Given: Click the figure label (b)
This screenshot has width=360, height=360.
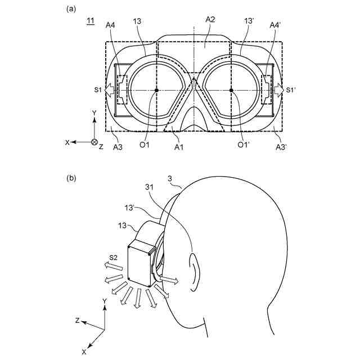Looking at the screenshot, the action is coord(71,178).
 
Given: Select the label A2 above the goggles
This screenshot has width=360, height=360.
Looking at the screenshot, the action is coord(211,20).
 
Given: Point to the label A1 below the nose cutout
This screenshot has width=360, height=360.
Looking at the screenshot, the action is coord(178,147).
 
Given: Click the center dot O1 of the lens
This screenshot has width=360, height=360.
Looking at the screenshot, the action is coord(156,90).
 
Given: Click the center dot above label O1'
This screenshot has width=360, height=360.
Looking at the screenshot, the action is coord(231,90).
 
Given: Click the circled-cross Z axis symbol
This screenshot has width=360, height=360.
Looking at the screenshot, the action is coord(94,142).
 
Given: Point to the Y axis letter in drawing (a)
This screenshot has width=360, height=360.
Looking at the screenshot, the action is coord(94,113).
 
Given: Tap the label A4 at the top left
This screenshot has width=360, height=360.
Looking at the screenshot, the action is coord(111,25).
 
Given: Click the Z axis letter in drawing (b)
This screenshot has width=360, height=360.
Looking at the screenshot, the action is coord(77,319).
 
